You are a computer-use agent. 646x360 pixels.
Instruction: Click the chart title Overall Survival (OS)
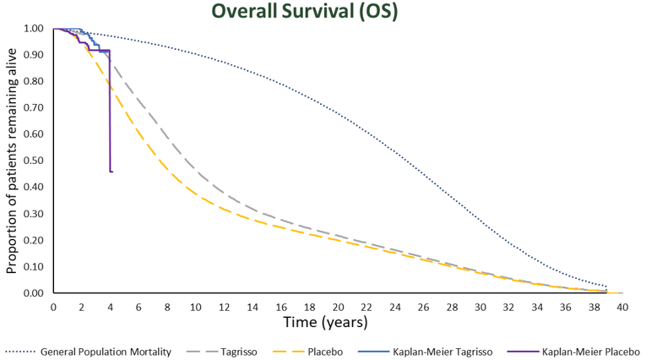coord(322,12)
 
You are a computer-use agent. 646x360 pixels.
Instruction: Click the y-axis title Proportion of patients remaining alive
coord(12,161)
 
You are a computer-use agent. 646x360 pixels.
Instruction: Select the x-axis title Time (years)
coord(326,321)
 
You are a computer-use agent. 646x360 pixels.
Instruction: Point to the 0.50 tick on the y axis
coord(35,161)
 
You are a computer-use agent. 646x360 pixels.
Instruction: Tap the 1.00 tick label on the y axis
coord(35,29)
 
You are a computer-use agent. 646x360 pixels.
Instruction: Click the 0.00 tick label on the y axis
coord(35,293)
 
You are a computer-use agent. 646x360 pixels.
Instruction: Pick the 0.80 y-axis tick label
coord(35,81)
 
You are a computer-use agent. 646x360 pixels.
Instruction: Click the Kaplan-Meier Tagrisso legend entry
coord(442,350)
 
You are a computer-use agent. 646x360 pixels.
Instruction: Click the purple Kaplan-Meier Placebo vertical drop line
coord(110,118)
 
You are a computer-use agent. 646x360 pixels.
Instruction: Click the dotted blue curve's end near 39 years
coord(606,286)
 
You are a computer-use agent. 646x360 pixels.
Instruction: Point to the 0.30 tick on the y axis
coord(35,214)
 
